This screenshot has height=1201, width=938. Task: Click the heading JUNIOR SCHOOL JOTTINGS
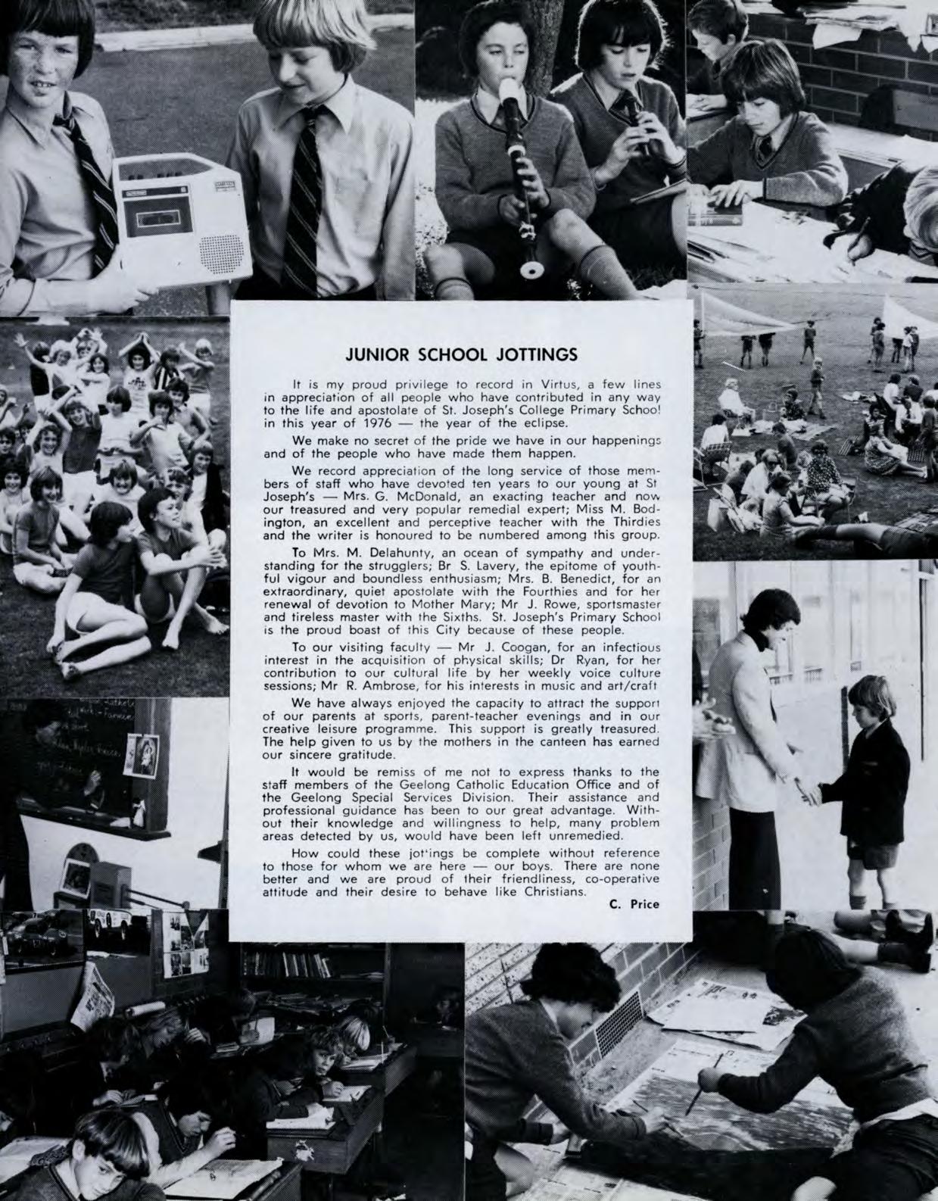(461, 354)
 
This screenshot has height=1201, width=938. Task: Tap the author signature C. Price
(634, 903)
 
